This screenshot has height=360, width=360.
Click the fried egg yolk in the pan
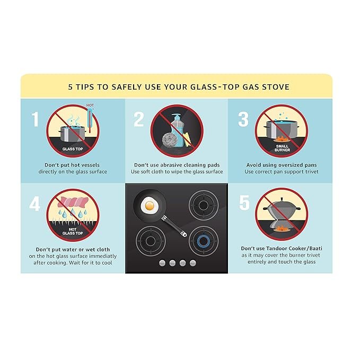coord(150,206)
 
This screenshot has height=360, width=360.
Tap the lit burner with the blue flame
coord(204,241)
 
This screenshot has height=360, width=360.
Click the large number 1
coord(35,119)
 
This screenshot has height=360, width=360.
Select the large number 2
coord(139,119)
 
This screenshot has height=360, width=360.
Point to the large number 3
coord(243,119)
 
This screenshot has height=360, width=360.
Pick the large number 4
coord(34,204)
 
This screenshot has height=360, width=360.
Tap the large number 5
coord(244,203)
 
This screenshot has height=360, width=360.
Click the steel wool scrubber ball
coord(170,139)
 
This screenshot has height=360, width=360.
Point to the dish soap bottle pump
coord(177,117)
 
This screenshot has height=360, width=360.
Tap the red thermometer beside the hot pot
coord(90,120)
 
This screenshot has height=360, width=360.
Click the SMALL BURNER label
coord(282,148)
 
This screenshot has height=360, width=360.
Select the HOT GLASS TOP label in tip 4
coord(73,231)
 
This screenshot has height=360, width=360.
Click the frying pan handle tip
coord(183,234)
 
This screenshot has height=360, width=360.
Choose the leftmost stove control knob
coord(162,263)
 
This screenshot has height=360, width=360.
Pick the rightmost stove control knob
coord(193,263)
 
